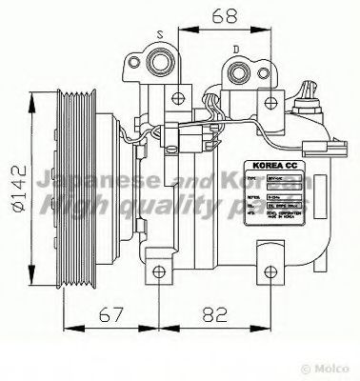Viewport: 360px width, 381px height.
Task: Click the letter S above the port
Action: click(161, 31)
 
